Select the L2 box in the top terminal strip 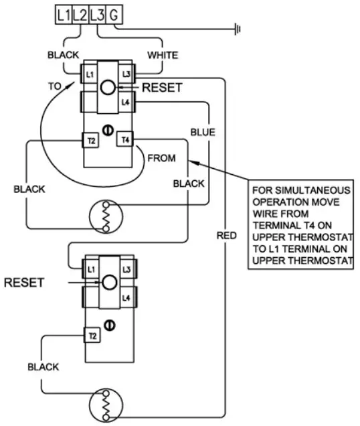tap(80, 13)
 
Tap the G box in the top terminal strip tap(114, 13)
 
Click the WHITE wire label tap(163, 53)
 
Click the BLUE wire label tap(203, 133)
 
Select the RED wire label tap(226, 235)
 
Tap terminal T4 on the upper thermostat tap(125, 139)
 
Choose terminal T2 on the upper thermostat tap(90, 139)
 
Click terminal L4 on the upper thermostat tap(125, 102)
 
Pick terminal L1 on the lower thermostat tap(90, 269)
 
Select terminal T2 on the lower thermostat tap(90, 334)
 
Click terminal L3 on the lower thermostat tap(126, 269)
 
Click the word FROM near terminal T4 tap(161, 159)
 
